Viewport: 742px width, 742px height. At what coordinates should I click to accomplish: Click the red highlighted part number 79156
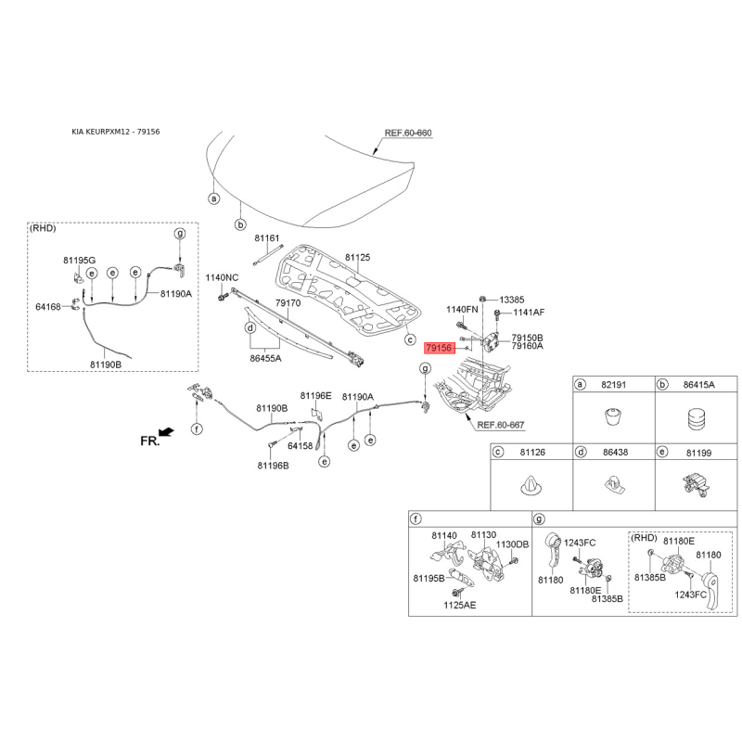pos(439,348)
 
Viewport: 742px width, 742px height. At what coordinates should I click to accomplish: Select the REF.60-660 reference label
pos(409,133)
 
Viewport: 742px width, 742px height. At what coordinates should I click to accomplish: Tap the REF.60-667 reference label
pos(501,425)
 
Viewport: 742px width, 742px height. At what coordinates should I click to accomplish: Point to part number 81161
pos(267,239)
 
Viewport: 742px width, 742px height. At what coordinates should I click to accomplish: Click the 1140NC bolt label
pos(222,277)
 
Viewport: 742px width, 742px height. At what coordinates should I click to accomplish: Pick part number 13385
pos(512,300)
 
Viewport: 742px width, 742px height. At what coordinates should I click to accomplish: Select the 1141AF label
pos(529,313)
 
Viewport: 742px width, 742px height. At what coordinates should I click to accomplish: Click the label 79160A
pos(527,346)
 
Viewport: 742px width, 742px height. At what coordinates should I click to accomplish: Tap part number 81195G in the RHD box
pos(79,260)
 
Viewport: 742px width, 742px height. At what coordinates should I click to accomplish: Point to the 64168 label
pos(48,306)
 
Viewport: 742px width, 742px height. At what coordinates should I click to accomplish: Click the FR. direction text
pos(150,441)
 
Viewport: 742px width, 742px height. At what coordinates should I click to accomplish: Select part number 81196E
pos(315,396)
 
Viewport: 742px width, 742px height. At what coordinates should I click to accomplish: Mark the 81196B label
pos(274,466)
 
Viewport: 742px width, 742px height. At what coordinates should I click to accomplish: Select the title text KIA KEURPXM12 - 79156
pos(116,132)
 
